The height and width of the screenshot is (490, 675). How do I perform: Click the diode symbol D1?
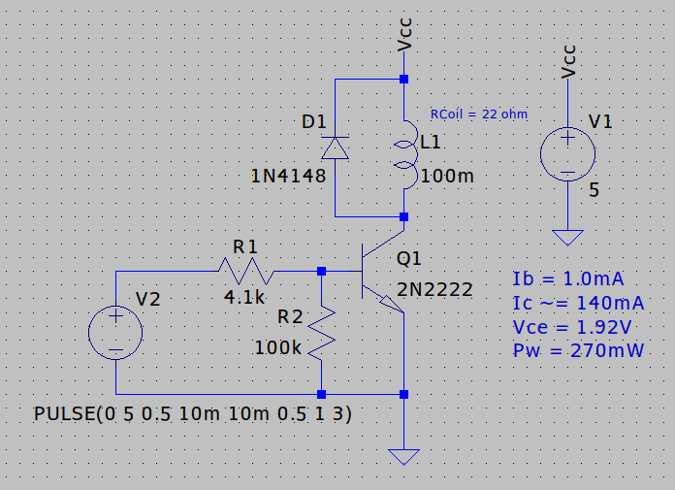[335, 147]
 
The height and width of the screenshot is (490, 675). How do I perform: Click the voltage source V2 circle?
[115, 333]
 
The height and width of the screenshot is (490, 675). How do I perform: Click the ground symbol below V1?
[567, 237]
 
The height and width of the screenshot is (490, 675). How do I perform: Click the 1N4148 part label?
[287, 178]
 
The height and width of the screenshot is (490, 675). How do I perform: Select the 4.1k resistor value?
[242, 299]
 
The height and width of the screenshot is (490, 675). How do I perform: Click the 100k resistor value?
[278, 347]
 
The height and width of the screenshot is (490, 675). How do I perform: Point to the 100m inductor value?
[447, 177]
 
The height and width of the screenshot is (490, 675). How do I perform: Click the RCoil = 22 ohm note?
[478, 114]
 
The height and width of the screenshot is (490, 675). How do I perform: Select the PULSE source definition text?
[192, 414]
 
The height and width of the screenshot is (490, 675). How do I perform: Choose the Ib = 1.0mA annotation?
[568, 279]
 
